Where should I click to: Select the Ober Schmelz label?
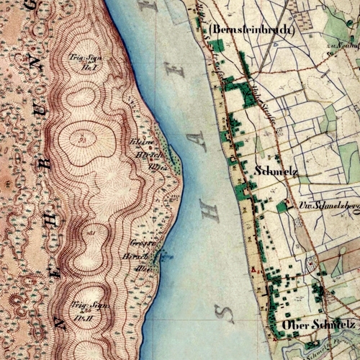319,325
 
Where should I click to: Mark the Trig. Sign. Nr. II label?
85,310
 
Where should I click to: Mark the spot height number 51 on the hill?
84,135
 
